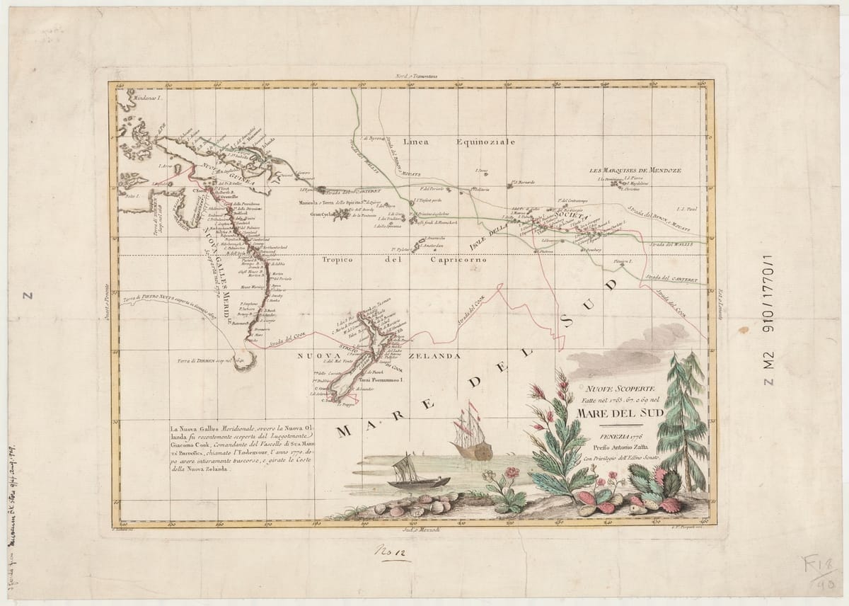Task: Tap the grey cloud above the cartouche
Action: pos(623,350)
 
